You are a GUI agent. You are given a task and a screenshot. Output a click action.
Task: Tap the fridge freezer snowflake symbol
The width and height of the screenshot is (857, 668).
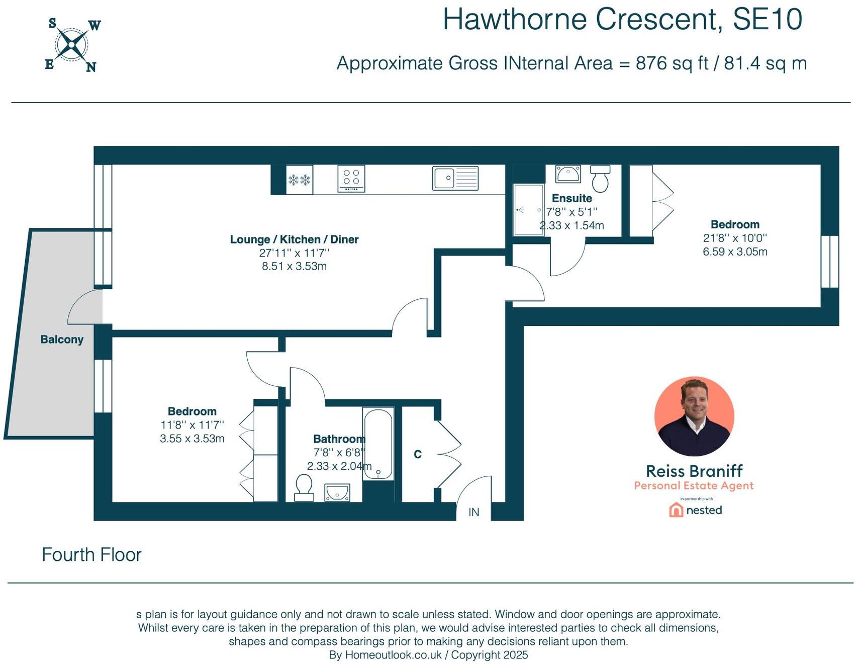pyautogui.click(x=299, y=180)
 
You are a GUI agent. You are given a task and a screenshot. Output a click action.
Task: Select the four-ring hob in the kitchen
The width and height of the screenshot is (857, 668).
pyautogui.click(x=351, y=179)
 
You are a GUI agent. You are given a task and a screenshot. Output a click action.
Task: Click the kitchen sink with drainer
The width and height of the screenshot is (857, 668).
pyautogui.click(x=455, y=178)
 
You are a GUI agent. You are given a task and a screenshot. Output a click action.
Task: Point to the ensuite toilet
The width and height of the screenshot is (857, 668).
pyautogui.click(x=600, y=179)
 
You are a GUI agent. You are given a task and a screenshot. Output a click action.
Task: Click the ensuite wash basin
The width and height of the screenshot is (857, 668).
pyautogui.click(x=568, y=174)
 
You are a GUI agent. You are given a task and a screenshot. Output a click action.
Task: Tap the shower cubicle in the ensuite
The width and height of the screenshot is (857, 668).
pyautogui.click(x=528, y=210)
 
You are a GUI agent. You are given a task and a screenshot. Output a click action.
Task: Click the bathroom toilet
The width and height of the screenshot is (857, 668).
pyautogui.click(x=304, y=488)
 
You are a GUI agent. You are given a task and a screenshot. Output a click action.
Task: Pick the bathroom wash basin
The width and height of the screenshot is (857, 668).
pyautogui.click(x=337, y=492)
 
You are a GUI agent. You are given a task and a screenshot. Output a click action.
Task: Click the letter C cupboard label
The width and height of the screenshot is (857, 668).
pyautogui.click(x=418, y=455)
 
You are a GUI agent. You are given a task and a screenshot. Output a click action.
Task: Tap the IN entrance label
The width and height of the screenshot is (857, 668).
pyautogui.click(x=473, y=512)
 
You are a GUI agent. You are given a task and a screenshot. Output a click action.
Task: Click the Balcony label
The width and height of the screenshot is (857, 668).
pyautogui.click(x=62, y=340)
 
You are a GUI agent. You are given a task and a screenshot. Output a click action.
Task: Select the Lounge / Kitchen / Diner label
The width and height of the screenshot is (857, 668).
pyautogui.click(x=294, y=239)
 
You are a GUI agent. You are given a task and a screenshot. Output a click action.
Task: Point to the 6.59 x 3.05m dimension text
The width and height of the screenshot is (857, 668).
pyautogui.click(x=735, y=252)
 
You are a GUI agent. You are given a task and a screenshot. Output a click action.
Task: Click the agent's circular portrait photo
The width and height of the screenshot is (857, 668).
pyautogui.click(x=694, y=416)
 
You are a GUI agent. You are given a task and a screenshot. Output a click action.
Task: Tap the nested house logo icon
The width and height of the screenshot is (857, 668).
pyautogui.click(x=676, y=510)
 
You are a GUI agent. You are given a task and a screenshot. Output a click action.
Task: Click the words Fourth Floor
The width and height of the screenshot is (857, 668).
pyautogui.click(x=91, y=555)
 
